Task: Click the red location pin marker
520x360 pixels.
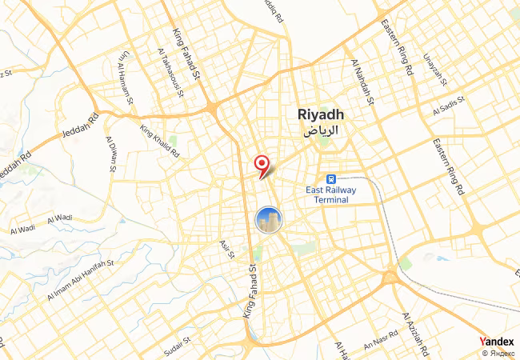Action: (x=261, y=165)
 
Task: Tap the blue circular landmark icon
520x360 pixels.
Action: (x=269, y=219)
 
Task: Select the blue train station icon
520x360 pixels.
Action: (x=329, y=179)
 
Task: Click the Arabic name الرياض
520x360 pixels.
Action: (x=319, y=130)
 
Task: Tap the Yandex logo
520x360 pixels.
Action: (x=497, y=341)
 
